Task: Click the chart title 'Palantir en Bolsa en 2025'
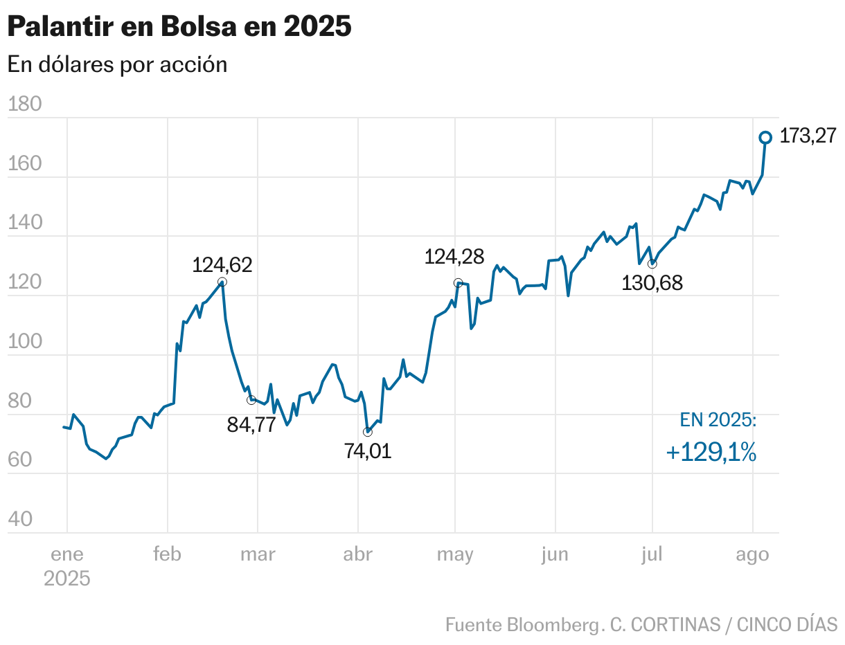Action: pyautogui.click(x=179, y=27)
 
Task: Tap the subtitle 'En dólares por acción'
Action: pyautogui.click(x=117, y=64)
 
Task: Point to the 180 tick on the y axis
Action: pyautogui.click(x=24, y=105)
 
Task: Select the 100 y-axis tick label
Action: pyautogui.click(x=24, y=342)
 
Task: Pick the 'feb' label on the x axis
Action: pyautogui.click(x=167, y=554)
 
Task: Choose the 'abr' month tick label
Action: pyautogui.click(x=357, y=554)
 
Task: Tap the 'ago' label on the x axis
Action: pyautogui.click(x=752, y=554)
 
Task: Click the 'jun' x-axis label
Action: pyautogui.click(x=555, y=554)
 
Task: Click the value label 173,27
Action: pyautogui.click(x=808, y=136)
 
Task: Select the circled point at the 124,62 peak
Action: pyautogui.click(x=222, y=282)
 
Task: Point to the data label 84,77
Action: pyautogui.click(x=251, y=425)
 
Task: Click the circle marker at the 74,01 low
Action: pyautogui.click(x=367, y=432)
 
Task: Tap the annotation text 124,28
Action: pyautogui.click(x=454, y=257)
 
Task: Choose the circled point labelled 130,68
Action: pyautogui.click(x=652, y=264)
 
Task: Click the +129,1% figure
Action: pyautogui.click(x=711, y=453)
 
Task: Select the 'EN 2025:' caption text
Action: pyautogui.click(x=718, y=420)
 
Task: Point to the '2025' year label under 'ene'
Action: pyautogui.click(x=67, y=579)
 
